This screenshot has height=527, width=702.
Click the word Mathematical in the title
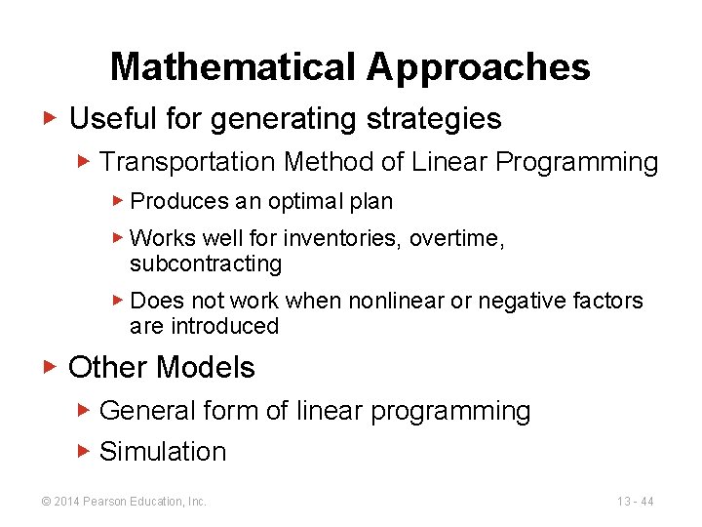pyautogui.click(x=234, y=66)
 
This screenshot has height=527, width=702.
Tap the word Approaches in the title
pyautogui.click(x=479, y=66)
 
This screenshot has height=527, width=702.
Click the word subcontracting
pyautogui.click(x=206, y=263)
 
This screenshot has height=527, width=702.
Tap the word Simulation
pyautogui.click(x=163, y=452)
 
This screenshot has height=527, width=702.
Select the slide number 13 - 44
pyautogui.click(x=635, y=502)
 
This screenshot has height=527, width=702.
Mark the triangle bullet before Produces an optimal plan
pyautogui.click(x=117, y=201)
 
